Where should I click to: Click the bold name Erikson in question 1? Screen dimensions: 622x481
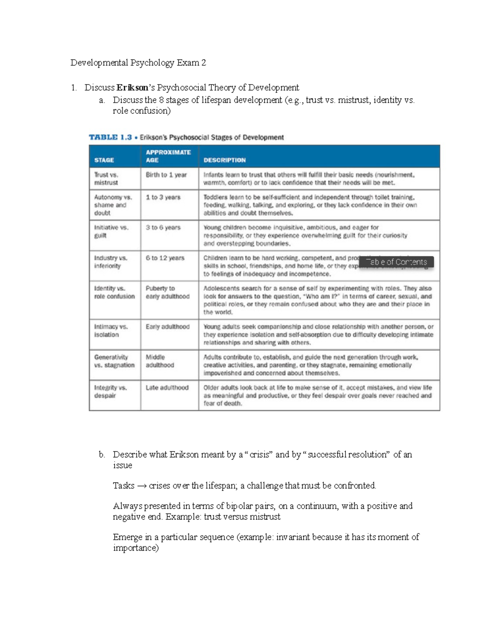[x=132, y=88]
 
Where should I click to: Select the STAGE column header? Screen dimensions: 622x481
[x=104, y=160]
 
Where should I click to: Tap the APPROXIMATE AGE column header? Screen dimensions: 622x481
[x=168, y=156]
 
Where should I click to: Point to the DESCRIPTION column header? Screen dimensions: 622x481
[x=224, y=160]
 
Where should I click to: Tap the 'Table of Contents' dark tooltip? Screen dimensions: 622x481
[x=396, y=262]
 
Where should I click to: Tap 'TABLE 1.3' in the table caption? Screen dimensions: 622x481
[x=110, y=137]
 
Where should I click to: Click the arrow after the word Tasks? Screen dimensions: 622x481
[x=141, y=486]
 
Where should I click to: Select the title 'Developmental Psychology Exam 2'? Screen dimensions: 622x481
[x=138, y=63]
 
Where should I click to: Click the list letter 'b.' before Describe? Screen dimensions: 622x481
[x=102, y=455]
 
